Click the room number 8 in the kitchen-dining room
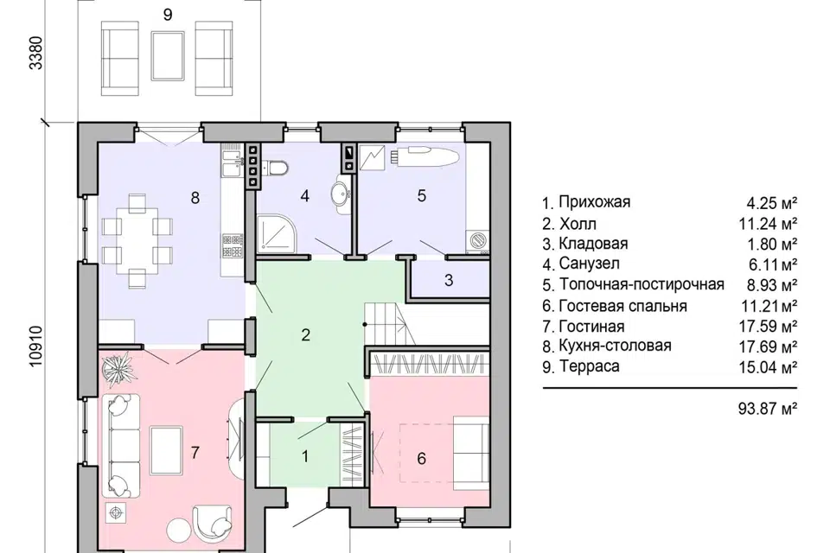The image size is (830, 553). (195, 198)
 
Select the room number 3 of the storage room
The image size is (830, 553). (448, 280)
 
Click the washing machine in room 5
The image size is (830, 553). (477, 240)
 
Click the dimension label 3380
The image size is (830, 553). (35, 57)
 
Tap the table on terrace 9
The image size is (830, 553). (167, 54)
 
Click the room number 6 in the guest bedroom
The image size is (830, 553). (421, 458)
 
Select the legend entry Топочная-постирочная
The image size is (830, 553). (641, 284)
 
